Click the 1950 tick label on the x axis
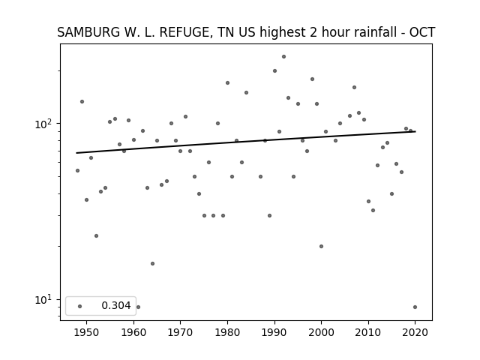click(87, 332)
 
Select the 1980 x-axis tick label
click(227, 332)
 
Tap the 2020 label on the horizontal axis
click(415, 332)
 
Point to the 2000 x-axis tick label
click(321, 332)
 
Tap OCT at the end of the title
click(422, 32)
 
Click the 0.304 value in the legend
click(116, 305)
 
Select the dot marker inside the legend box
click(80, 306)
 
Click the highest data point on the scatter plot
click(283, 57)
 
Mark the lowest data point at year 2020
click(415, 307)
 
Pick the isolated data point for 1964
click(152, 263)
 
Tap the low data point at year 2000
click(321, 247)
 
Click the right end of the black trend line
click(415, 132)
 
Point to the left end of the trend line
click(76, 153)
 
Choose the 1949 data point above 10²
click(82, 102)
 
